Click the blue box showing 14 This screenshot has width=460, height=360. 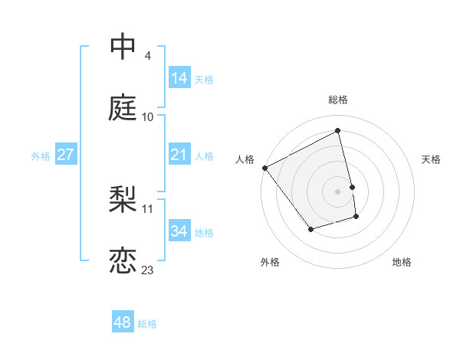(x=179, y=77)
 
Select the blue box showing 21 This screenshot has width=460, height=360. (x=179, y=155)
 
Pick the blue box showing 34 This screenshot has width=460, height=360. (x=179, y=231)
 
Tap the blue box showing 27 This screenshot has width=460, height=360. (x=65, y=155)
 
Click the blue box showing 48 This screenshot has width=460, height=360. (x=122, y=322)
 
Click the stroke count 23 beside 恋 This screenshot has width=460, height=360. (x=148, y=270)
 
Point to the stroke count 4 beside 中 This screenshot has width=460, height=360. (x=147, y=55)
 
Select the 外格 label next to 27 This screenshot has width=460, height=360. (x=41, y=155)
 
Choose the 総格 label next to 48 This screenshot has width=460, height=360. (x=147, y=324)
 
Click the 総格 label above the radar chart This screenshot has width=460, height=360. (x=338, y=100)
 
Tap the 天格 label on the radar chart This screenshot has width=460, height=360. (x=431, y=159)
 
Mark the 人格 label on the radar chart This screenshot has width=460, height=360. (x=245, y=159)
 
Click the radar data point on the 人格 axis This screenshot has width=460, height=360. (x=264, y=168)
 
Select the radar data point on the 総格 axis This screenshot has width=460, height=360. (x=338, y=131)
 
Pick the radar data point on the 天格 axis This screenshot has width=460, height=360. (x=352, y=187)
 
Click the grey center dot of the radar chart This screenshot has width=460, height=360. (x=338, y=191)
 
